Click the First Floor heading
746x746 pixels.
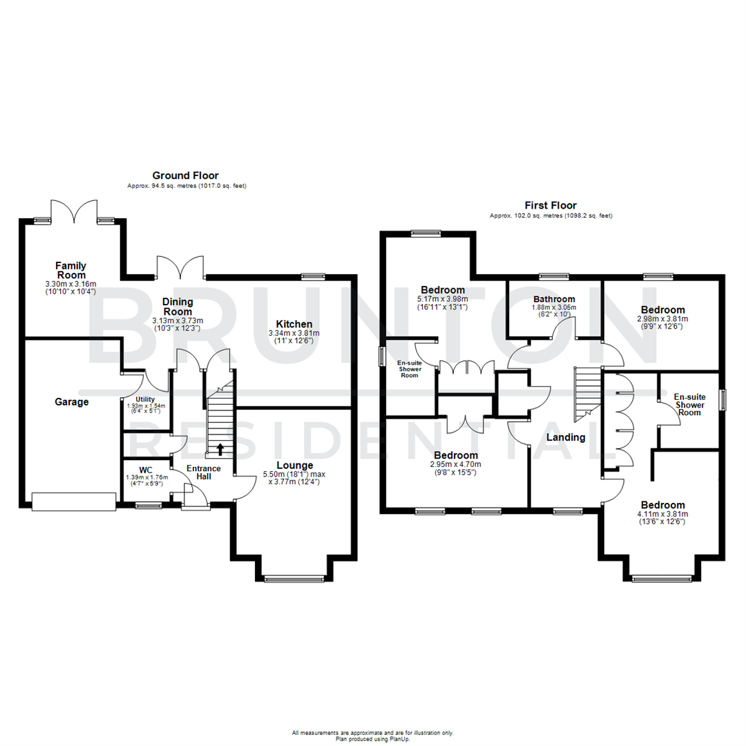(x=551, y=205)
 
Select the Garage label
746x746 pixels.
(x=72, y=401)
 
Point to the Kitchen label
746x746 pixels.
(x=294, y=324)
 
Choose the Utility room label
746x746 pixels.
(x=146, y=399)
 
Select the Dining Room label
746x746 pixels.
(x=178, y=307)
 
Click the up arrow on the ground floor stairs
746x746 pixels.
(x=220, y=450)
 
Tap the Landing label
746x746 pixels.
(x=566, y=437)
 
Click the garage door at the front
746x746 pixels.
(x=73, y=501)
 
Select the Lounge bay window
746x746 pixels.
(x=294, y=579)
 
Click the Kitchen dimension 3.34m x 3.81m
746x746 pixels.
(x=294, y=333)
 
